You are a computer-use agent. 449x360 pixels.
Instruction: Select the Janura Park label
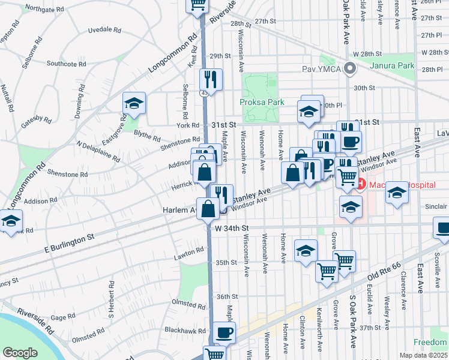[393, 65]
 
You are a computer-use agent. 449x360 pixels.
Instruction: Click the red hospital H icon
[361, 184]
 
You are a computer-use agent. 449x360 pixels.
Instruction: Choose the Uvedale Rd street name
[104, 29]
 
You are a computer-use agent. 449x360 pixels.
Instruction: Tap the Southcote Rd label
[67, 63]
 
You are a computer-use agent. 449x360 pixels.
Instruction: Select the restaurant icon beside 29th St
[211, 79]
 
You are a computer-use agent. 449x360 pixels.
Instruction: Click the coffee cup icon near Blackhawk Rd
[224, 332]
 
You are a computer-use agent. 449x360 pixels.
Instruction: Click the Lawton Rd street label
[190, 253]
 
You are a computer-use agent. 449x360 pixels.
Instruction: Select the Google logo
[20, 353]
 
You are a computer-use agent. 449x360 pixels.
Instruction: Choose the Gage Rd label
[63, 317]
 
